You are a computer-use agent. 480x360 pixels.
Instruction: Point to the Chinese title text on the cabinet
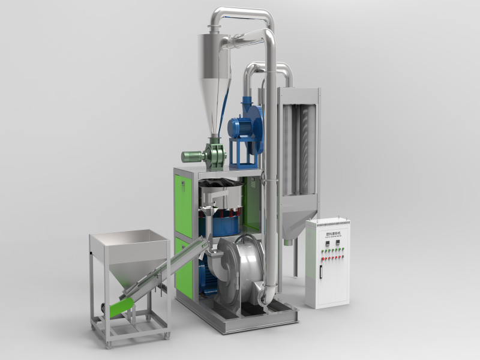(329, 229)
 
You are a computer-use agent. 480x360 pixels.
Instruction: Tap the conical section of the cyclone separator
(215, 108)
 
